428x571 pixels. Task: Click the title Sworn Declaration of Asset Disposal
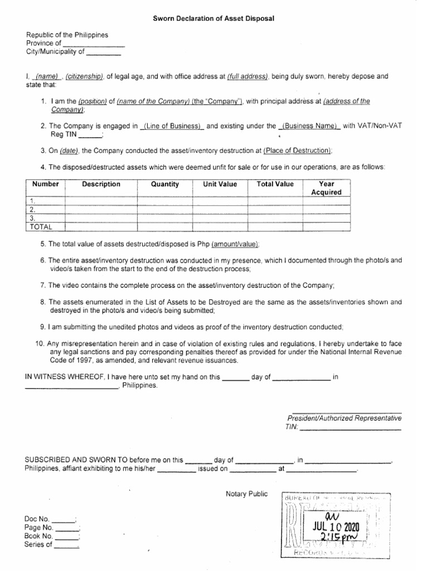pyautogui.click(x=214, y=18)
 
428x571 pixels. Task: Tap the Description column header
pyautogui.click(x=101, y=184)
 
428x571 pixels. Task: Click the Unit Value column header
pyautogui.click(x=220, y=184)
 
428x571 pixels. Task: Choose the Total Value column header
pyautogui.click(x=275, y=184)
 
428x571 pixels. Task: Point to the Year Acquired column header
pyautogui.click(x=326, y=188)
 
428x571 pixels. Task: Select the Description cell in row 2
pyautogui.click(x=101, y=210)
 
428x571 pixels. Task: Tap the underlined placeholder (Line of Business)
pyautogui.click(x=173, y=127)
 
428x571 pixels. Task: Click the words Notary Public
pyautogui.click(x=246, y=493)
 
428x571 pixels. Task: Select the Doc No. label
pyautogui.click(x=37, y=518)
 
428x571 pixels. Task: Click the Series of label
pyautogui.click(x=39, y=545)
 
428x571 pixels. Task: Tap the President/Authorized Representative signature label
pyautogui.click(x=344, y=418)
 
